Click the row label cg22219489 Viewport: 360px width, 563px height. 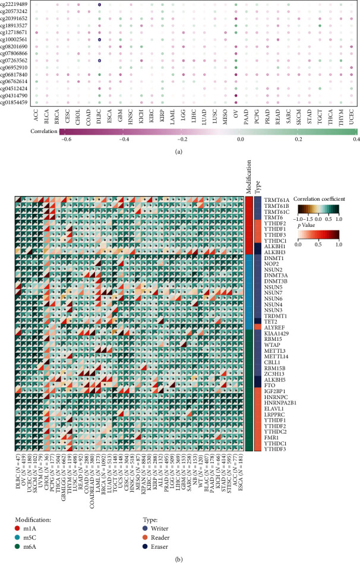pyautogui.click(x=17, y=4)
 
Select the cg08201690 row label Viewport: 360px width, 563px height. pyautogui.click(x=17, y=46)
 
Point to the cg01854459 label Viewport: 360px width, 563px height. pyautogui.click(x=17, y=102)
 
